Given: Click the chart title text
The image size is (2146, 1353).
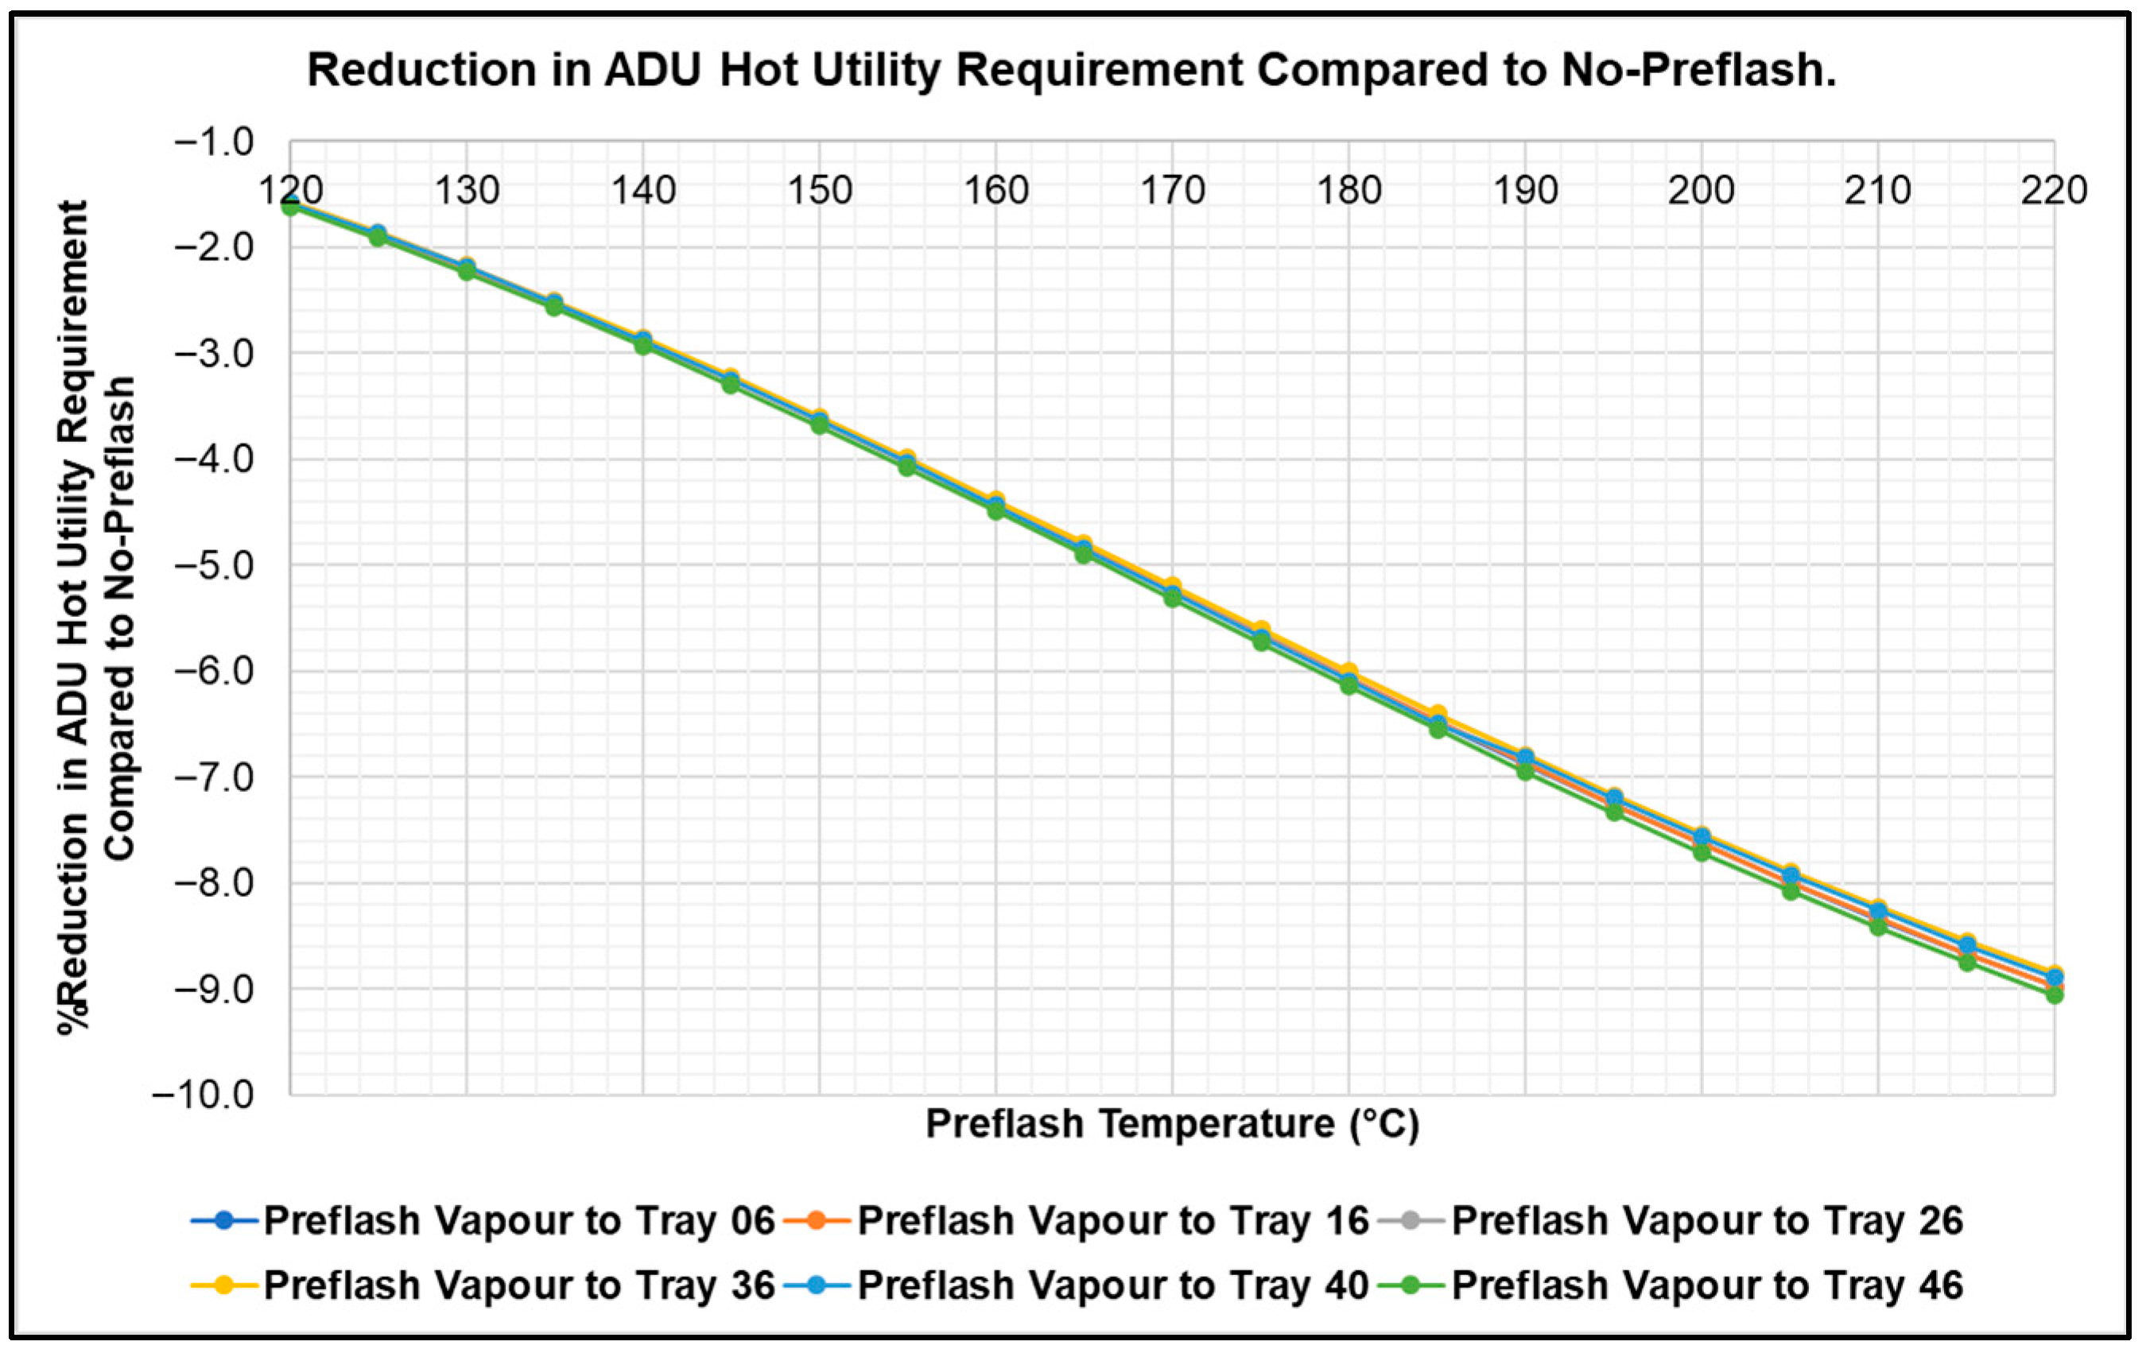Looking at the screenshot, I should tap(1071, 69).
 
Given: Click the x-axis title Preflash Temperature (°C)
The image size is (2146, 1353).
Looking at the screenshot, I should tap(1172, 1124).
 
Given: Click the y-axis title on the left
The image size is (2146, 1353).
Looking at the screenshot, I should tap(96, 615).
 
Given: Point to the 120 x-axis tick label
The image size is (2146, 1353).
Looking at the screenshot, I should tap(290, 190).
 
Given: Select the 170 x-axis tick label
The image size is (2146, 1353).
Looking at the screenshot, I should tap(1173, 190).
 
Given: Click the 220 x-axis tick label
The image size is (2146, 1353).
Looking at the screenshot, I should tap(2053, 190).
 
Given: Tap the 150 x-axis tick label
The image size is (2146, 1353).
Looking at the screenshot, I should tap(820, 190).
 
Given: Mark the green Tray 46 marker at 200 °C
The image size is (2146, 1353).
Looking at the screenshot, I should tap(1702, 852).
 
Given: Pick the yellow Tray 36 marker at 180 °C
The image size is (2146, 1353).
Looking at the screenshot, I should tap(1349, 671).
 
